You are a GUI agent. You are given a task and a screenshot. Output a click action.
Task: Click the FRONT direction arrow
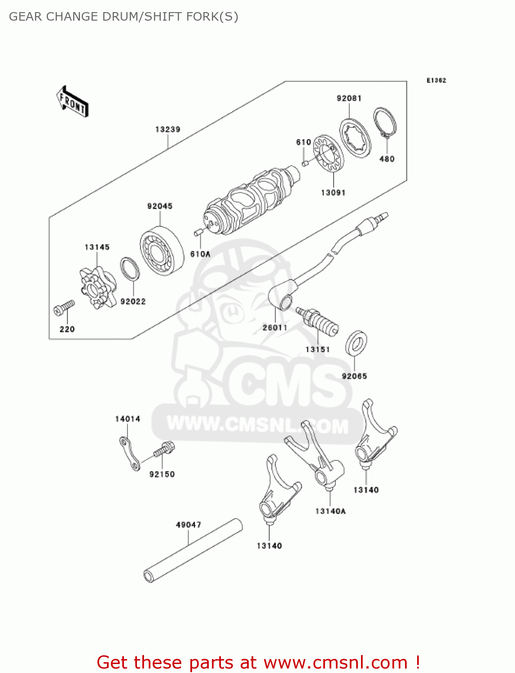(72, 102)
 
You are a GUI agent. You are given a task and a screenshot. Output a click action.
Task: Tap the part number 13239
(167, 130)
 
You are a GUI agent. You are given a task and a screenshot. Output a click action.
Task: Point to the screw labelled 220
(64, 307)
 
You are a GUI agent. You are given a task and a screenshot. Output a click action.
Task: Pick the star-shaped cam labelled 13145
(97, 287)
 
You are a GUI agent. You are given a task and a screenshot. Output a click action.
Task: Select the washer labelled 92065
(356, 344)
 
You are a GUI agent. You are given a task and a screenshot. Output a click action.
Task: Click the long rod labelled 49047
(193, 551)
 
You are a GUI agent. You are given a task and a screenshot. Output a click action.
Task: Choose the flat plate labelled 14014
(129, 454)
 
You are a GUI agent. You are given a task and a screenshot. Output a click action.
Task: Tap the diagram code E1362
(436, 80)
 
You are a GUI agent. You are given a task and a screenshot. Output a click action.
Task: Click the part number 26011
(275, 328)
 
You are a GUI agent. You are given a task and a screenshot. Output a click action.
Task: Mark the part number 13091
(333, 193)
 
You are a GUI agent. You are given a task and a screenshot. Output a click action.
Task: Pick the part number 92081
(349, 98)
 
